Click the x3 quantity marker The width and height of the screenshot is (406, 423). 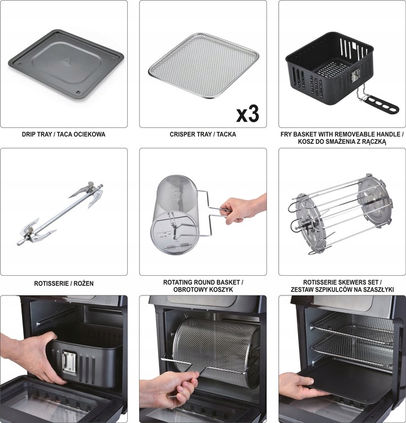click(247, 113)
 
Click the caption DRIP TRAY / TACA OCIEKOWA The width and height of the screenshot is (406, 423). click(64, 135)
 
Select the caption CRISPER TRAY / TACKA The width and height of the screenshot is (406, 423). click(203, 135)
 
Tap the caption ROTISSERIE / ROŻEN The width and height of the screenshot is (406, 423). click(64, 283)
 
